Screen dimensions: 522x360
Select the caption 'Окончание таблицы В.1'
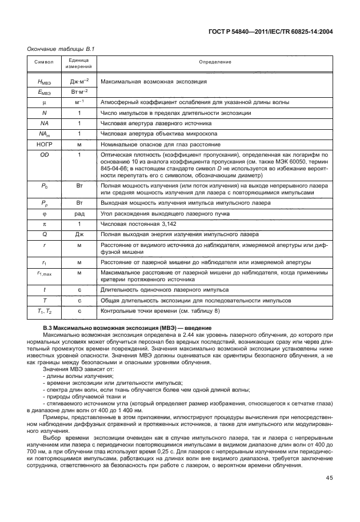[61, 49]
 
